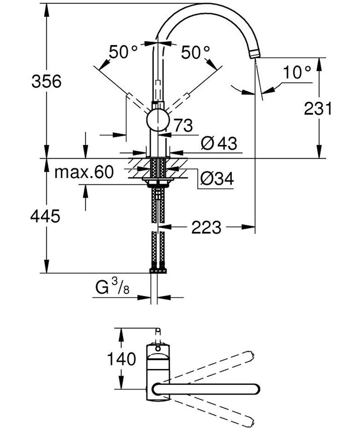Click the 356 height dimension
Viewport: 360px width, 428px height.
(x=46, y=82)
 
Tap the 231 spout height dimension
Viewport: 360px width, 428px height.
(x=318, y=108)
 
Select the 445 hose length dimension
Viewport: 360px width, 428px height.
(x=45, y=216)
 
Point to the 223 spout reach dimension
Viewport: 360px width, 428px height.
(x=207, y=228)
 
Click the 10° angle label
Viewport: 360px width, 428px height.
(x=297, y=71)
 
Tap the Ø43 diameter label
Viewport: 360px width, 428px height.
(x=219, y=144)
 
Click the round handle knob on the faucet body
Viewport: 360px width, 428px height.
(x=157, y=120)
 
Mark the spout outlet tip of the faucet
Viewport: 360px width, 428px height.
(x=255, y=55)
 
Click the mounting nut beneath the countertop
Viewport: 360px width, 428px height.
(x=157, y=181)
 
